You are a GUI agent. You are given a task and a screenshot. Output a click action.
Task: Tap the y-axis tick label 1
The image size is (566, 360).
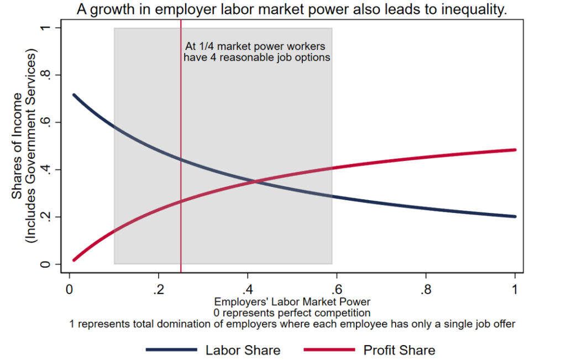point(48,28)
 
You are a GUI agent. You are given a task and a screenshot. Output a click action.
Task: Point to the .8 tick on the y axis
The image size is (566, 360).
point(48,75)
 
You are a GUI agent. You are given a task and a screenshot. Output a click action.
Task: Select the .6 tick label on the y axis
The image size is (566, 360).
point(48,122)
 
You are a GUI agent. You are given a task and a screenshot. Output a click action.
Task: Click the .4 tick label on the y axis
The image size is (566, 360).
point(48,170)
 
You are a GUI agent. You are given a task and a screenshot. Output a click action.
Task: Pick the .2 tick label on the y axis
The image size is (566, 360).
point(48,217)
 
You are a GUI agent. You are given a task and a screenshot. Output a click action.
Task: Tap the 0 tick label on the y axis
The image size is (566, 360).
point(48,264)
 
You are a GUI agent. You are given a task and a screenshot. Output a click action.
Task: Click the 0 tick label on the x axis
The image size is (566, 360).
point(70,289)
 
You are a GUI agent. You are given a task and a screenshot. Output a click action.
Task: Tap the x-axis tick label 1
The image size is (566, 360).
point(515,289)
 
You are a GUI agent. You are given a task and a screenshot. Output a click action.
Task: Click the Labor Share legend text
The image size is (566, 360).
point(243,350)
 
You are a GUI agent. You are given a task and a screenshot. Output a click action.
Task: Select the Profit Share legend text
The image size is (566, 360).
point(399,350)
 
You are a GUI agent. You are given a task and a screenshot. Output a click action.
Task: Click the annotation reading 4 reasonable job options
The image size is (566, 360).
point(256,57)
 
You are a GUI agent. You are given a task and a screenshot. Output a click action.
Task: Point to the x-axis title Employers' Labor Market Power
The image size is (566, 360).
point(292,302)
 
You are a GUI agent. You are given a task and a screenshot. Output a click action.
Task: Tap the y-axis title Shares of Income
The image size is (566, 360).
point(18,146)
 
